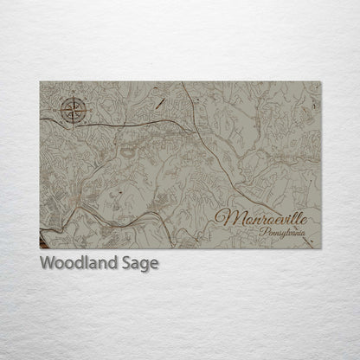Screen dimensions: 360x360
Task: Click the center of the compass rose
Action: click(x=74, y=110)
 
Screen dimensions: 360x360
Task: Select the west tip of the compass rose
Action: click(x=59, y=110)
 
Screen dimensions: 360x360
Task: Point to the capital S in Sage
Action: click(x=127, y=263)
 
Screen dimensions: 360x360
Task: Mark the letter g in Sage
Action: click(x=145, y=266)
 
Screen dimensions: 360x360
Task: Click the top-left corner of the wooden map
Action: click(x=41, y=82)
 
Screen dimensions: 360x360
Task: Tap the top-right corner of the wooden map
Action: click(x=320, y=82)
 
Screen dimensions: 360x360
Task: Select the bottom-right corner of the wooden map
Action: click(x=320, y=247)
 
